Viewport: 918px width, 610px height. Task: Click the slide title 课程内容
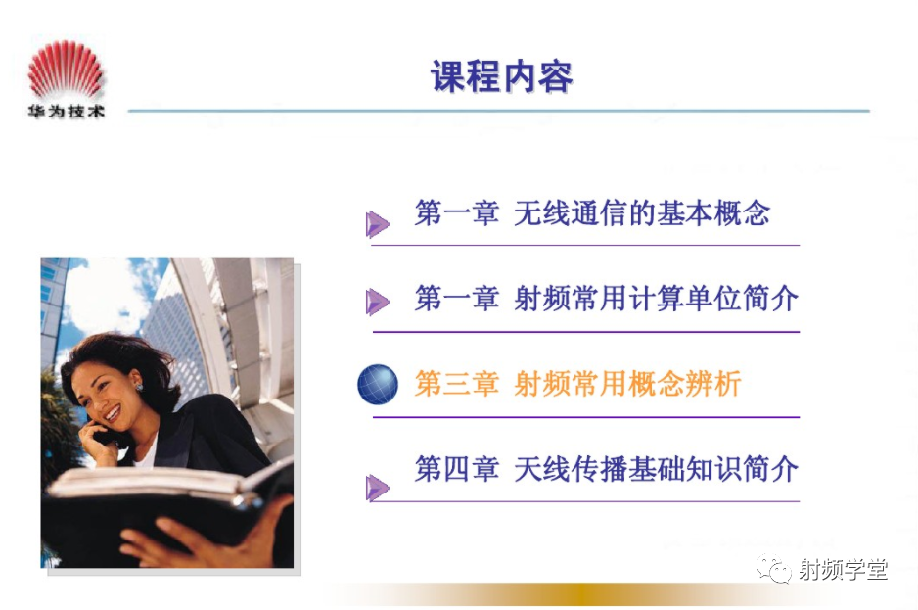click(x=502, y=76)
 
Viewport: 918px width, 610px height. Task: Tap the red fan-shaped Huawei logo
click(x=66, y=70)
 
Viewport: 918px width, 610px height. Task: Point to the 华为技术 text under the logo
click(x=67, y=111)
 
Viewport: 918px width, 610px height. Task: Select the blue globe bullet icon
click(x=378, y=385)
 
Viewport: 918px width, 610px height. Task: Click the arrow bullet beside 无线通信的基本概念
click(x=378, y=224)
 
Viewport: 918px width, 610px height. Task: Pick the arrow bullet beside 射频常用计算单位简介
click(x=378, y=302)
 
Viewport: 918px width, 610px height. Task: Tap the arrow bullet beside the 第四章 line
click(x=378, y=489)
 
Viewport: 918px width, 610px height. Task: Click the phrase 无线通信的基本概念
click(x=642, y=212)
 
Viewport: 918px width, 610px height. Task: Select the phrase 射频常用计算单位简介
click(x=656, y=299)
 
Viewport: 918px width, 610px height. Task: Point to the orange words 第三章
click(x=457, y=385)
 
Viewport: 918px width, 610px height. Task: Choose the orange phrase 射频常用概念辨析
click(x=627, y=385)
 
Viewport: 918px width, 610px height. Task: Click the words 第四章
click(x=457, y=469)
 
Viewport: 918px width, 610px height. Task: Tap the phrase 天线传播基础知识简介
click(x=656, y=469)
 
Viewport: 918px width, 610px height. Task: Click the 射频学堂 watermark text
click(x=843, y=569)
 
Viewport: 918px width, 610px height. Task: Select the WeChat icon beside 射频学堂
click(x=774, y=569)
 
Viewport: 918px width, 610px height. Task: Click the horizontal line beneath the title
click(x=499, y=111)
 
